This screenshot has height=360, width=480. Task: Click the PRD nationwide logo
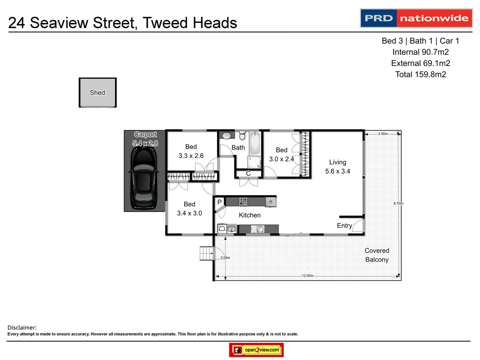[x=416, y=18]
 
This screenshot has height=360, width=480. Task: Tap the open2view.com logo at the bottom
[x=256, y=350]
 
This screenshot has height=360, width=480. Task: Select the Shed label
[x=97, y=93]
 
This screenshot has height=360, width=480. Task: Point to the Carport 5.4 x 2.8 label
[x=145, y=139]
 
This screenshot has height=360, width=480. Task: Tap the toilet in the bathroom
[x=242, y=136]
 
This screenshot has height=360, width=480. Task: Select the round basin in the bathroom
[x=227, y=135]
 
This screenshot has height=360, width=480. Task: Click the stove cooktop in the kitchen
[x=243, y=202]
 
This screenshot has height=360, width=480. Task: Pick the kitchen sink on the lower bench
[x=258, y=229]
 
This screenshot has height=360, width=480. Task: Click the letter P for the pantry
[x=219, y=202]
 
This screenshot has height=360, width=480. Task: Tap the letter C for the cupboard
[x=248, y=173]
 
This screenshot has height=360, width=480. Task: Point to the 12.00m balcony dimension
[x=307, y=276]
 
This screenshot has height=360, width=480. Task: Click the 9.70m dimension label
[x=398, y=203]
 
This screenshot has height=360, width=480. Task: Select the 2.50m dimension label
[x=383, y=134]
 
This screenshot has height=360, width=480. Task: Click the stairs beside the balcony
[x=206, y=253]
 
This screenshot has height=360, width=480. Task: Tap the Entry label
[x=344, y=226]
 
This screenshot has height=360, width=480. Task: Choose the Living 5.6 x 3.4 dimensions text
[x=338, y=171]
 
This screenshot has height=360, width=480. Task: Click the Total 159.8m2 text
[x=420, y=74]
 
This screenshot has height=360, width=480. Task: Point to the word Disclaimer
[x=22, y=328]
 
